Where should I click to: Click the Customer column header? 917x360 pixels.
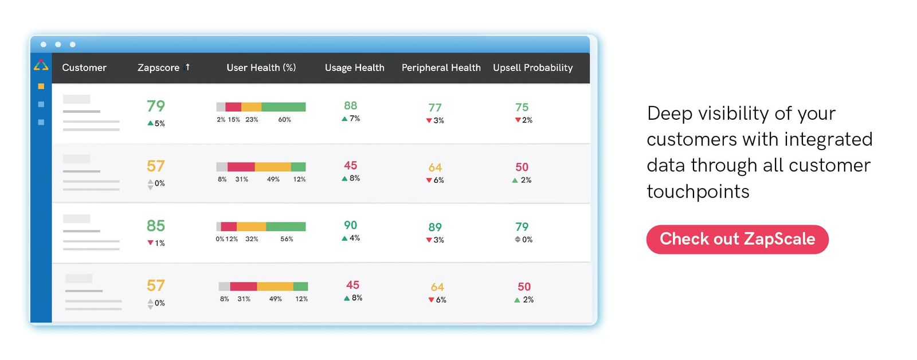tap(84, 68)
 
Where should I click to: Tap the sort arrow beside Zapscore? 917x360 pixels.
tap(187, 67)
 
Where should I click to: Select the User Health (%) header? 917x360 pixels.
tap(261, 68)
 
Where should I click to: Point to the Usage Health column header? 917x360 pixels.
tap(354, 68)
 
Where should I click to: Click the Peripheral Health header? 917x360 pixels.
tap(441, 68)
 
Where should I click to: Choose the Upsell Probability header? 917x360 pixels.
tap(532, 68)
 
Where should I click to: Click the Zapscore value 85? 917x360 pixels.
tap(156, 226)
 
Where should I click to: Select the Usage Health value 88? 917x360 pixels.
tap(350, 105)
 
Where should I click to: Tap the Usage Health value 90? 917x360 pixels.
tap(350, 225)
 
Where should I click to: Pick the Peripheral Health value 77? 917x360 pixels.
tap(435, 108)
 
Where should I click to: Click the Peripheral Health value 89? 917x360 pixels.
tap(435, 228)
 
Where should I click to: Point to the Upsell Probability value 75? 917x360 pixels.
tap(522, 107)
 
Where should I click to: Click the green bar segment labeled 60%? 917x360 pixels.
tap(283, 107)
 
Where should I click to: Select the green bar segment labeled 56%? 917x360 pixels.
tap(285, 226)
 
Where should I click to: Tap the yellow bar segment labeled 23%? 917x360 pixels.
tap(251, 107)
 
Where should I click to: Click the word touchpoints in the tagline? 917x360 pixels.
tap(697, 191)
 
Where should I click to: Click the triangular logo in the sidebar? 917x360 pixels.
tap(41, 65)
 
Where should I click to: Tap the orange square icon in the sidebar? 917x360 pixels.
tap(41, 87)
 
